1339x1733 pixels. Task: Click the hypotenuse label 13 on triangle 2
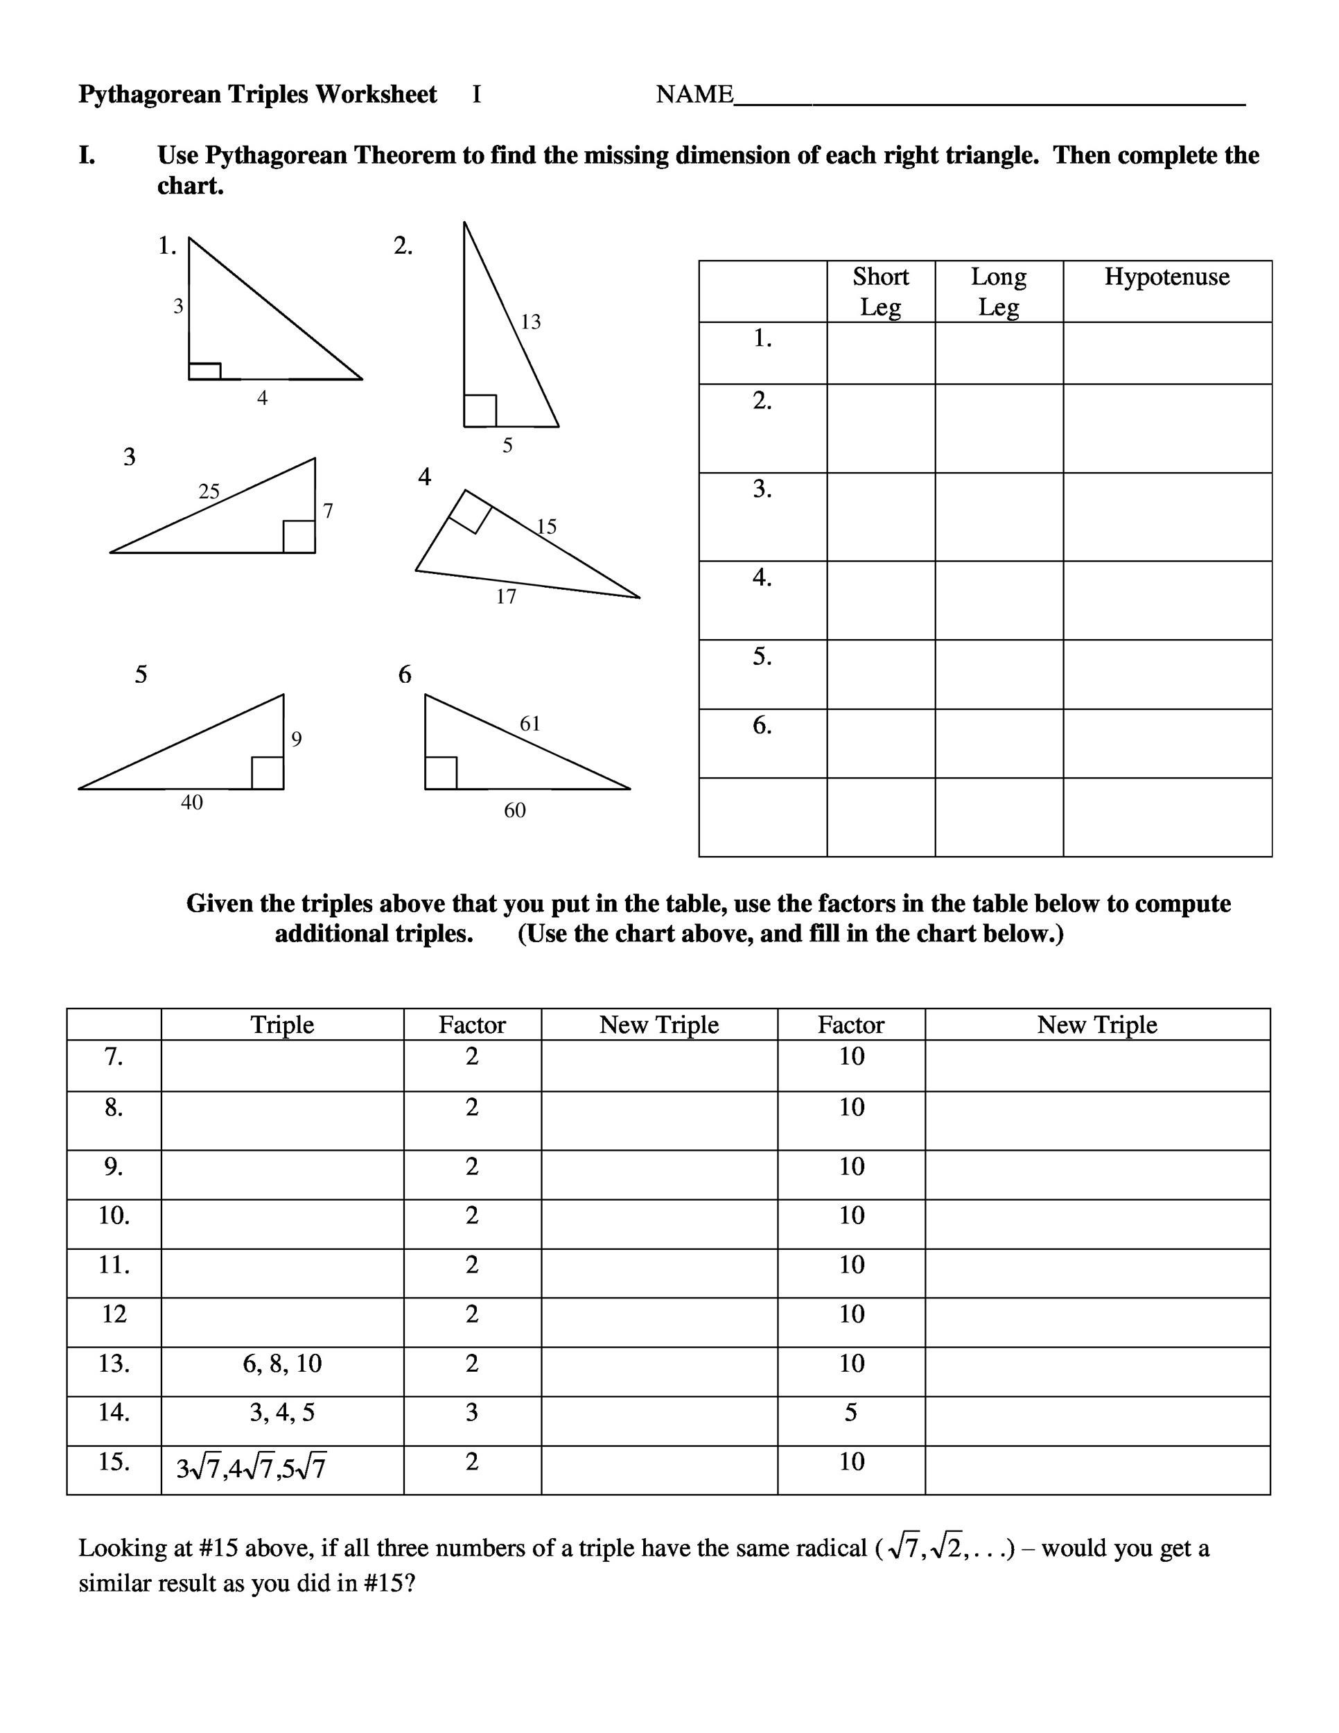tap(530, 322)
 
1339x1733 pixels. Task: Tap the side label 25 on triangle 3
tap(209, 491)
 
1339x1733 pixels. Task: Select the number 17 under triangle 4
tap(506, 597)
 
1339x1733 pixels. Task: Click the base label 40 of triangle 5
tap(191, 802)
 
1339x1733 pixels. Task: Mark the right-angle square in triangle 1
tap(204, 371)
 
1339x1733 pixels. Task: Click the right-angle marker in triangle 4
tap(470, 512)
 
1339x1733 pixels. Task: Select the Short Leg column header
tap(879, 291)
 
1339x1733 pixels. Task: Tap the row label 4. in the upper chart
tap(762, 577)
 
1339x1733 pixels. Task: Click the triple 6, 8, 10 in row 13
tap(281, 1364)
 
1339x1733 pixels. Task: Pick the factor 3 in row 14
tap(471, 1413)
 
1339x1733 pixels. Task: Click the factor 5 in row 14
tap(850, 1413)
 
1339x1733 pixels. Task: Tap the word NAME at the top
tap(694, 94)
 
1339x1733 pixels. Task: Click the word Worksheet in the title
tap(376, 94)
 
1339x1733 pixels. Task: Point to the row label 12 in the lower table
tap(114, 1314)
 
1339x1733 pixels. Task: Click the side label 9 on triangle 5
tap(296, 740)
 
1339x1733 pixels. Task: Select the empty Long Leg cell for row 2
tap(998, 428)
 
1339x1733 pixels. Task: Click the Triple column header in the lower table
tap(281, 1025)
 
